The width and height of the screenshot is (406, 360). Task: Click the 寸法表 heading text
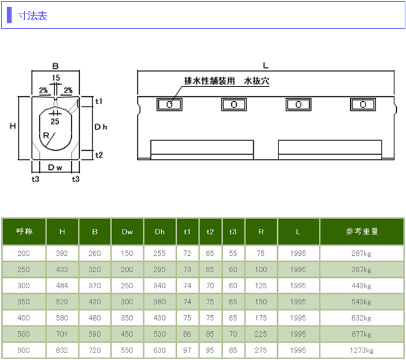tap(33, 15)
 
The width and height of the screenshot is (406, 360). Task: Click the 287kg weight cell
tap(362, 253)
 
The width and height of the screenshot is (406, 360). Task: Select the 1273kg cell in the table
tap(362, 350)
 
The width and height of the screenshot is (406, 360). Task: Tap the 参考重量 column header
tap(362, 232)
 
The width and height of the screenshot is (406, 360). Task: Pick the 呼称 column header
tap(23, 232)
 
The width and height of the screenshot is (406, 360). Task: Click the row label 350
tap(23, 302)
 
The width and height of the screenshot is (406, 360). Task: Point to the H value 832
tap(62, 350)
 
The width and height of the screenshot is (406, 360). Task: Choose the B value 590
tap(94, 334)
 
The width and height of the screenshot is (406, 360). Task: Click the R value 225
tap(261, 334)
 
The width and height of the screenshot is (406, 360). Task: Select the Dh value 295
tap(159, 269)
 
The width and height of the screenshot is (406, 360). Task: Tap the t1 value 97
tap(187, 350)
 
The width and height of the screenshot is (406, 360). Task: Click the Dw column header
tap(127, 232)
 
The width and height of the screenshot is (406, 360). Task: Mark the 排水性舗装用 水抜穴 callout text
tap(227, 80)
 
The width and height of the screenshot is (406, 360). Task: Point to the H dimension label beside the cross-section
tap(12, 127)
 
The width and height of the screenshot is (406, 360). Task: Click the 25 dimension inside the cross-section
tap(55, 121)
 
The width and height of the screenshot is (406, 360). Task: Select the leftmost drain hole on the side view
tap(169, 104)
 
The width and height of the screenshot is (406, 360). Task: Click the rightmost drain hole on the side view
tap(362, 104)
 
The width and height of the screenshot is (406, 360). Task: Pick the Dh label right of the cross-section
tap(101, 127)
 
